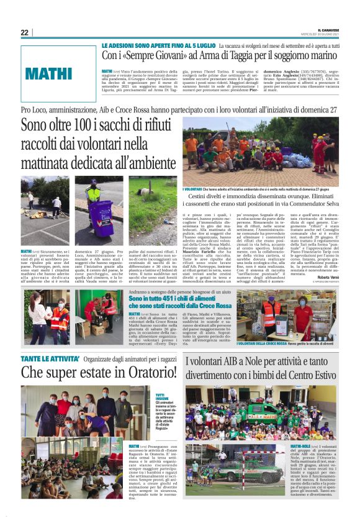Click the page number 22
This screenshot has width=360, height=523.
25,33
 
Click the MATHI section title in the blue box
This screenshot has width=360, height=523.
50,74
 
